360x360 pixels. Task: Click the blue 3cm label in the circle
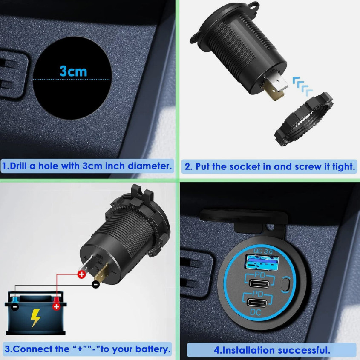[x=73, y=71]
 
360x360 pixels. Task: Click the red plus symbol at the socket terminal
[x=81, y=274]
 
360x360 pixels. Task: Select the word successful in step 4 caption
[x=304, y=350]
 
